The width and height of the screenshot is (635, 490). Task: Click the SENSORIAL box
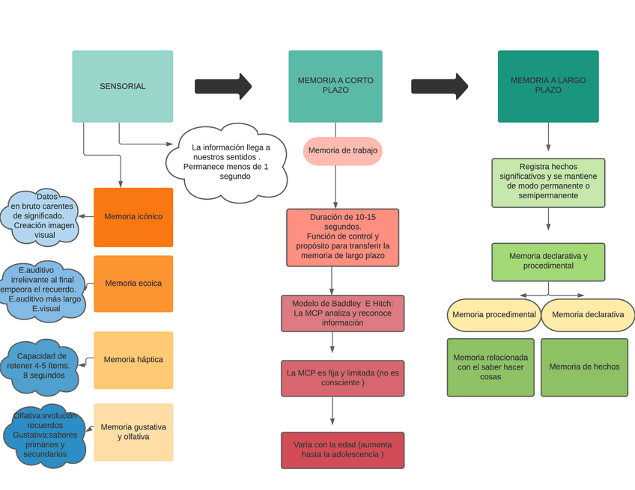(122, 86)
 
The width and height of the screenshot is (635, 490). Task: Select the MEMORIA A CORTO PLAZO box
(335, 86)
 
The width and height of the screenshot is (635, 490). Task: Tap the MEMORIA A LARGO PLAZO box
(548, 86)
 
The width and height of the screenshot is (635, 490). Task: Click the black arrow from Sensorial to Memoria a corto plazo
(223, 86)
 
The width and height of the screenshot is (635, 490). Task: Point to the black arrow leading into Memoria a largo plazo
(440, 86)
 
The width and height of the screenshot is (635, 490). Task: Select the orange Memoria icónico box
(133, 217)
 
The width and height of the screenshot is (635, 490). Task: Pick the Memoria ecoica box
(133, 284)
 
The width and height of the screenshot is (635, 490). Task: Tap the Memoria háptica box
(133, 360)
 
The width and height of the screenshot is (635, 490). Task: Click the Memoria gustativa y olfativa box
(133, 432)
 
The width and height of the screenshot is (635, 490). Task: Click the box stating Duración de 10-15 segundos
(342, 237)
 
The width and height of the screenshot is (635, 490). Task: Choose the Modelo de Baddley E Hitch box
(342, 313)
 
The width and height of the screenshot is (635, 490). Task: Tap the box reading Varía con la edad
(342, 450)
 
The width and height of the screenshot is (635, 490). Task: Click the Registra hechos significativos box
(548, 182)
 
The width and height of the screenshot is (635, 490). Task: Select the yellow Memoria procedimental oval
(494, 315)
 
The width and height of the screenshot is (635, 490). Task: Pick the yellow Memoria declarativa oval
(588, 315)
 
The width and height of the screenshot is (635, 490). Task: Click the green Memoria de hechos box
(584, 367)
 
